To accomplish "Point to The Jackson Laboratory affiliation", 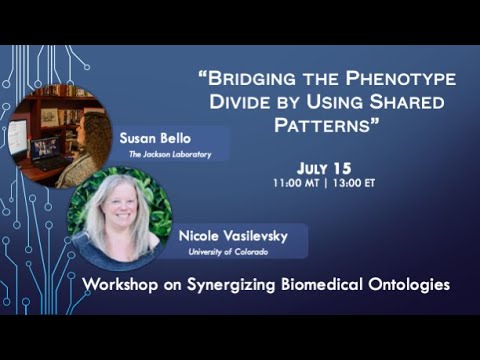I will pyautogui.click(x=164, y=154).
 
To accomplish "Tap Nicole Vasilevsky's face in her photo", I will pyautogui.click(x=118, y=213).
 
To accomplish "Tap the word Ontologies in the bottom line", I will pyautogui.click(x=411, y=285).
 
